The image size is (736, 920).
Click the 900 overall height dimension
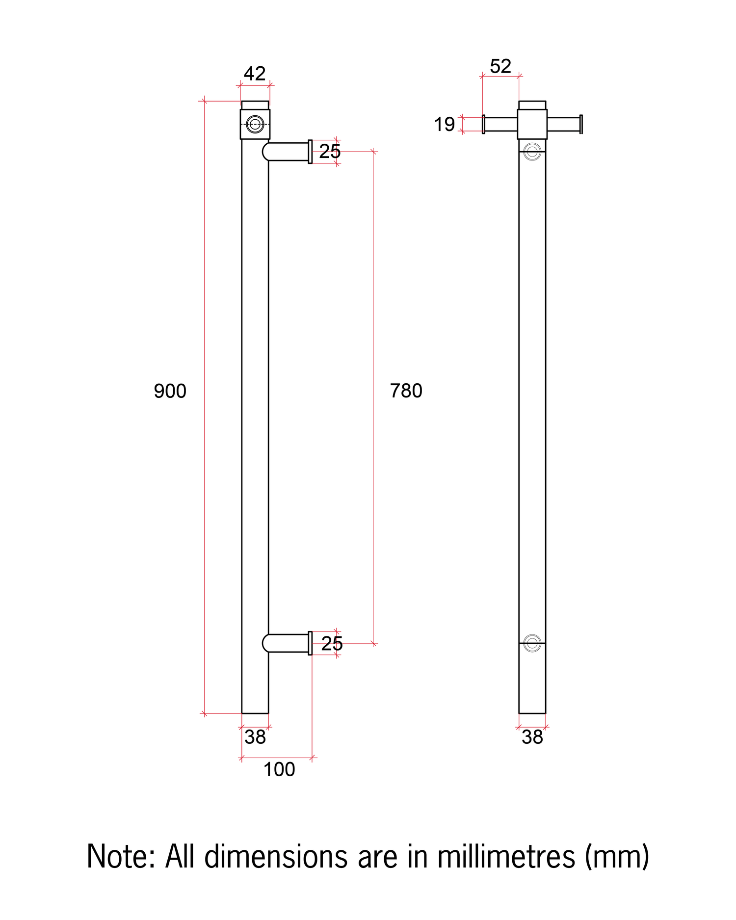pos(170,391)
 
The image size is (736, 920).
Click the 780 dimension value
pos(406,391)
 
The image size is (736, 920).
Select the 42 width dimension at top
pos(255,74)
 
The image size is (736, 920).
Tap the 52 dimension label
pos(500,66)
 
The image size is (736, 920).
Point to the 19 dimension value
pos(445,125)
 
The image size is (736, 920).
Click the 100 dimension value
pos(279,769)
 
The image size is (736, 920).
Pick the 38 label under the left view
pos(255,737)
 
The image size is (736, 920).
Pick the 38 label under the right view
pos(532,737)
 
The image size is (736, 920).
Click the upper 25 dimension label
pos(330,152)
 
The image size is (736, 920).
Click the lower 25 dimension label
pos(332,644)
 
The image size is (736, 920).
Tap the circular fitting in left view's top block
pos(255,124)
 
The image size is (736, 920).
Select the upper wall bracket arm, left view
pos(287,152)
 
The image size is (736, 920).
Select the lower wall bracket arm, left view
pos(287,643)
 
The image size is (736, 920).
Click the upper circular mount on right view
pos(532,152)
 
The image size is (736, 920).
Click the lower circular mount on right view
pos(532,643)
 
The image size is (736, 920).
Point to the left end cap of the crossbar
pos(484,124)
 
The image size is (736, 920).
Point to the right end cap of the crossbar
pos(581,124)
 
